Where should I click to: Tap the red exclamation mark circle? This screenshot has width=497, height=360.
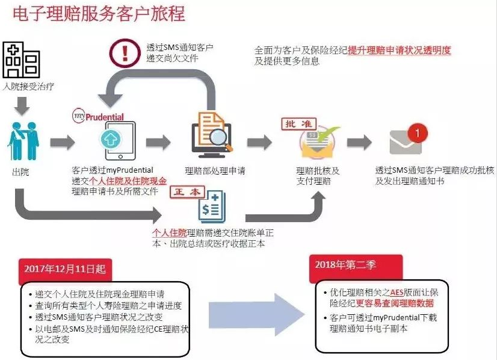125,52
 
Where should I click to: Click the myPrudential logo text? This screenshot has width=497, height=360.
99,116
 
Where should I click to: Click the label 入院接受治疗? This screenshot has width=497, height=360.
28,86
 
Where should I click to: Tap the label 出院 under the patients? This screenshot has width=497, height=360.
20,172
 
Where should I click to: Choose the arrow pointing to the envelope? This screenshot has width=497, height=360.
359,143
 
